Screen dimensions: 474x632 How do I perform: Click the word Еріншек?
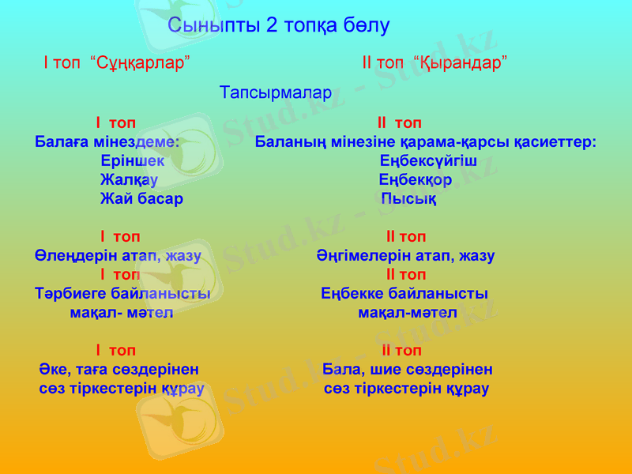(x=133, y=160)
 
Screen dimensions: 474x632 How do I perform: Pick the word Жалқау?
(x=129, y=179)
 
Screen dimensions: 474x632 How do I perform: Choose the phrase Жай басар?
(x=141, y=198)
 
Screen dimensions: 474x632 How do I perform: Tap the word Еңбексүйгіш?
(x=428, y=160)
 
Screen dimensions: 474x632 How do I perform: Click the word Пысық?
(x=409, y=198)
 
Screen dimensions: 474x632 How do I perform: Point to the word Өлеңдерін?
(x=76, y=255)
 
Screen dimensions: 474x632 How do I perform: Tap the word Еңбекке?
(x=353, y=293)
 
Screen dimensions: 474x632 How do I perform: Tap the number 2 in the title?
(x=272, y=25)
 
